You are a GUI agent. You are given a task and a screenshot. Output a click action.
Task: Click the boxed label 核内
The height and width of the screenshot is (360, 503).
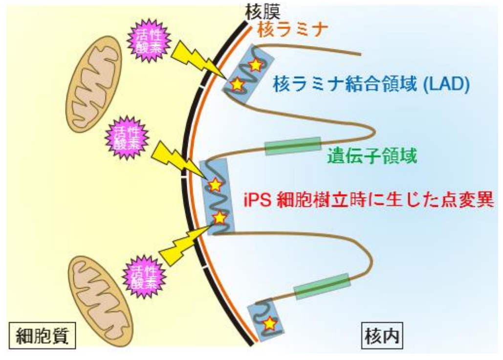point(380,336)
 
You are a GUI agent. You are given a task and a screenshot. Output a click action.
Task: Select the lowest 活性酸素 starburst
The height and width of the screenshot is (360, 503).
point(144,277)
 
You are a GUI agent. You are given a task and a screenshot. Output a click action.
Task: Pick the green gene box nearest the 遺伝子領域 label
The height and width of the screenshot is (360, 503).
point(293,146)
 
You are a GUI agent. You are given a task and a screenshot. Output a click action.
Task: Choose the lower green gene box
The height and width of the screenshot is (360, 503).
point(322,286)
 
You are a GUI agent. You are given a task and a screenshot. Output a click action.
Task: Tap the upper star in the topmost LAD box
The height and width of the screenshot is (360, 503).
point(255,64)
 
